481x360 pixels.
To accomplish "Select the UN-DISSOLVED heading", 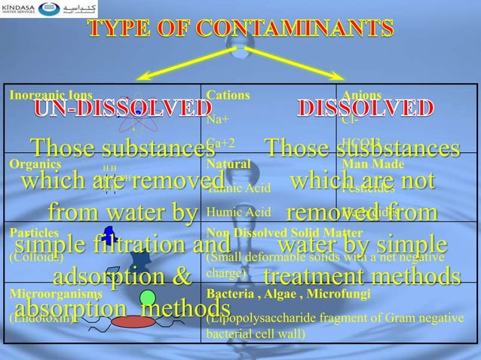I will tap(112, 108).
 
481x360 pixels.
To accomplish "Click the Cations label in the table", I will tap(223, 96).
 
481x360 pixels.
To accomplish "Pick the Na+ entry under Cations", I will tap(216, 119).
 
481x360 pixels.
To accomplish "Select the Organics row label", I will tap(29, 163).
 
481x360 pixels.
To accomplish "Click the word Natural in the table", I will tap(223, 163).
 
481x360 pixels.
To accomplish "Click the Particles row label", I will tap(29, 233).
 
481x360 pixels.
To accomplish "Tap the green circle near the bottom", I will tap(148, 298).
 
